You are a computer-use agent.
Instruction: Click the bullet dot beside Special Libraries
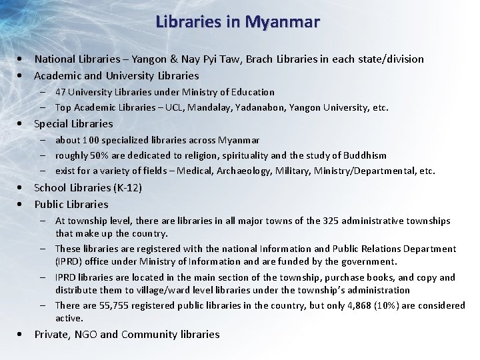[x=23, y=124]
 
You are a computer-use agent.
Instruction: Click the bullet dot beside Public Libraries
[x=23, y=205]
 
